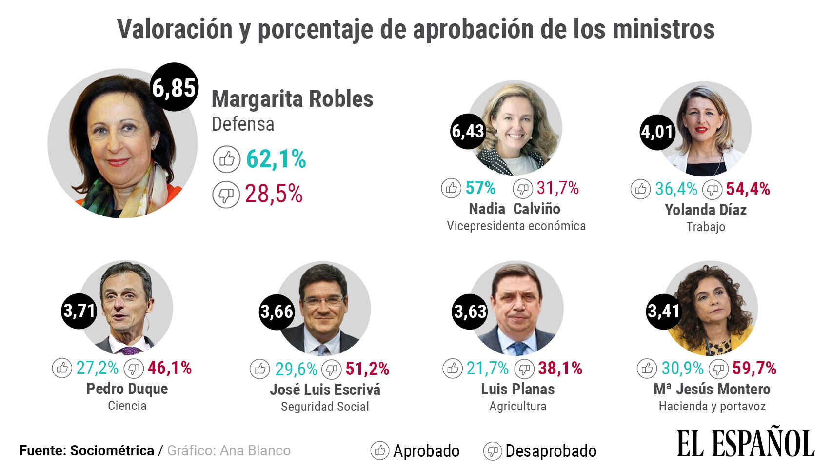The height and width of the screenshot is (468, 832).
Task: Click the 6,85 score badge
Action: click(x=174, y=87)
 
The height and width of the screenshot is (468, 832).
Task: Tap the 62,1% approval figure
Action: click(x=276, y=159)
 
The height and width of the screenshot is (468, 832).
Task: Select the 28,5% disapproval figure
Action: click(x=274, y=194)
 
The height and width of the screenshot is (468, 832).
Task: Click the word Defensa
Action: click(x=243, y=124)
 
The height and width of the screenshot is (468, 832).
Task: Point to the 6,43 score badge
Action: click(x=468, y=131)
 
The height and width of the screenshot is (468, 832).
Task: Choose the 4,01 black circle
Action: click(x=657, y=131)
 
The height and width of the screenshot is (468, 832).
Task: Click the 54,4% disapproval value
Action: click(x=748, y=189)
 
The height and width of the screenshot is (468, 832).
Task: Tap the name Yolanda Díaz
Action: click(x=706, y=210)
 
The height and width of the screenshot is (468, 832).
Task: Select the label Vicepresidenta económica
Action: click(x=516, y=226)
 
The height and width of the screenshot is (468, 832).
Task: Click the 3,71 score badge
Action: click(x=79, y=311)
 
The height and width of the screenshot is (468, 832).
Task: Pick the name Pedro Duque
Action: click(x=127, y=389)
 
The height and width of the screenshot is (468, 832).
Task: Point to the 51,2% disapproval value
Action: click(x=367, y=369)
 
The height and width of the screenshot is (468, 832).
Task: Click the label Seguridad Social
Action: click(x=325, y=407)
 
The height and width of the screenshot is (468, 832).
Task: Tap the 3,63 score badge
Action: click(x=470, y=311)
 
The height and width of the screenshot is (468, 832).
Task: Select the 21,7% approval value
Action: click(x=487, y=369)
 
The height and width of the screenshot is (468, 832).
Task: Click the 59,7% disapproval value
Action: click(x=754, y=369)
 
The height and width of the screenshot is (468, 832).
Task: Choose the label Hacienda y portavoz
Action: click(x=712, y=406)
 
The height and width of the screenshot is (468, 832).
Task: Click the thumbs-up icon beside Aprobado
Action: click(x=379, y=450)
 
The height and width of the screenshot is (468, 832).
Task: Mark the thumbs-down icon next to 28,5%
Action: click(x=226, y=195)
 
